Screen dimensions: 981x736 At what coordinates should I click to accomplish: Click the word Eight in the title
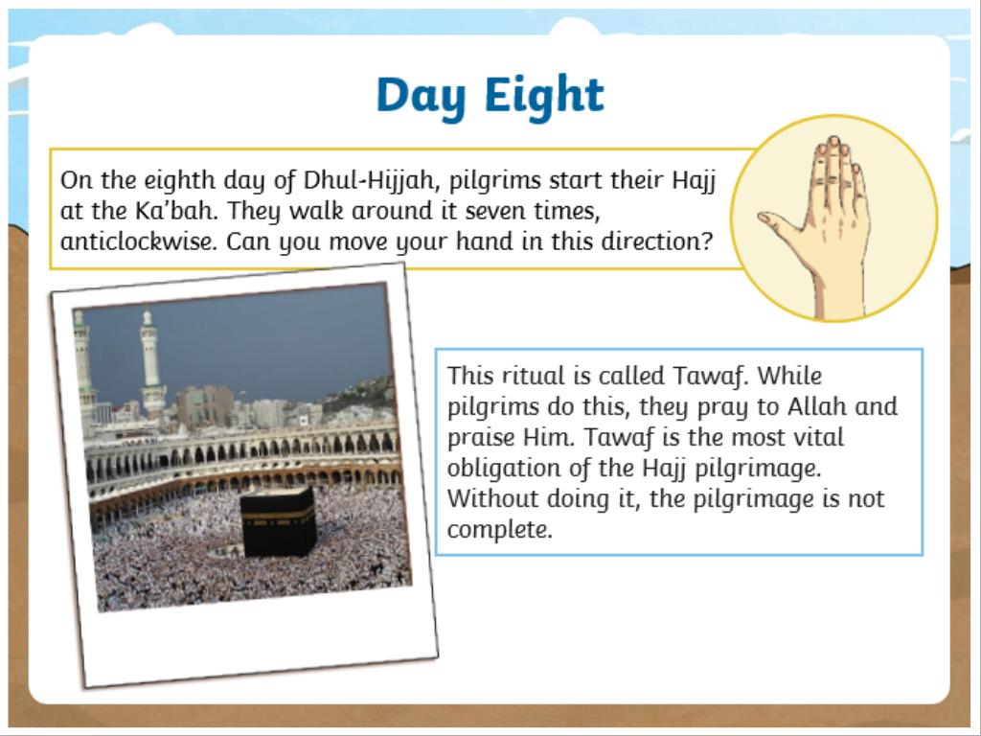pos(544,95)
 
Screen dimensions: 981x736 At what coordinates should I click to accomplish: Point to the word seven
pos(495,212)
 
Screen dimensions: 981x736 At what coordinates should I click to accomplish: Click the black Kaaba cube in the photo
pos(279,523)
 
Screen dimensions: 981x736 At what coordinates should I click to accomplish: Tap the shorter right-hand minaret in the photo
pos(150,363)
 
